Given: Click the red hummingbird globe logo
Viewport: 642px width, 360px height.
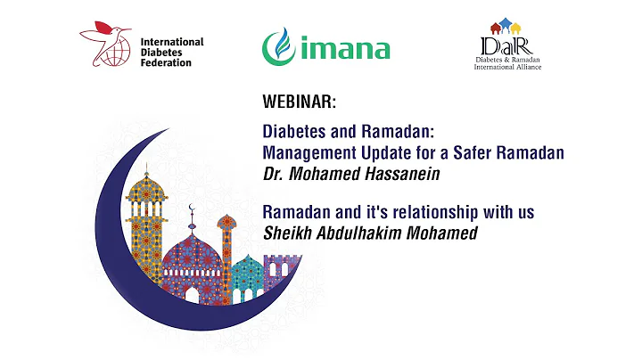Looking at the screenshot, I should [105, 46].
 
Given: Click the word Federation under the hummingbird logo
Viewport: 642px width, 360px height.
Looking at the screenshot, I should [166, 62].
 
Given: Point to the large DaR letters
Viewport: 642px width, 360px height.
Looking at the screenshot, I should [503, 45].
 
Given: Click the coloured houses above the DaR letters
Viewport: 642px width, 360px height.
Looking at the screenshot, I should [504, 24].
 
